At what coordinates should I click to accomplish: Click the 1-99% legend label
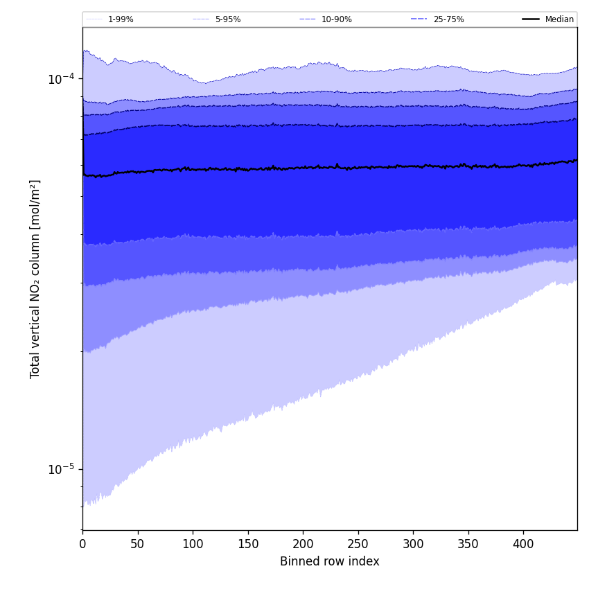pyautogui.click(x=121, y=19)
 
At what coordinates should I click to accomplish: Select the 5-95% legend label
pyautogui.click(x=227, y=19)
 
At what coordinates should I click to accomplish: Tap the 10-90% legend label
pyautogui.click(x=336, y=19)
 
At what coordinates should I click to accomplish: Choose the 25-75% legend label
pyautogui.click(x=448, y=19)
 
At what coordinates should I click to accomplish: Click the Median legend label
pyautogui.click(x=559, y=19)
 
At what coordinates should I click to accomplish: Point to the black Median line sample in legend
pyautogui.click(x=531, y=19)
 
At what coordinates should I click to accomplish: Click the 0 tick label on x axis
pyautogui.click(x=82, y=545)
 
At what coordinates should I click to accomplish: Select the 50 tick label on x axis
pyautogui.click(x=137, y=545)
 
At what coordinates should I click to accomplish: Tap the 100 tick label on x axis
pyautogui.click(x=193, y=545)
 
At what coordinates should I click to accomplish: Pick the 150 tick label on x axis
pyautogui.click(x=247, y=545)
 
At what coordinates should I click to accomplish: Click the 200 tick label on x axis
pyautogui.click(x=303, y=545)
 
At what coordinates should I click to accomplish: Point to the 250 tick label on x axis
pyautogui.click(x=358, y=545)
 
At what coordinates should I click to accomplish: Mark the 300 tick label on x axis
pyautogui.click(x=413, y=545)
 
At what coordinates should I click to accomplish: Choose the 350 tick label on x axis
pyautogui.click(x=468, y=545)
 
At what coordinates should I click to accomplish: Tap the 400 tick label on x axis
pyautogui.click(x=523, y=545)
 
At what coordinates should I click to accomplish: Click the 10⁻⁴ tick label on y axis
pyautogui.click(x=61, y=78)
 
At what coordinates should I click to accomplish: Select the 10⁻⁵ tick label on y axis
pyautogui.click(x=61, y=469)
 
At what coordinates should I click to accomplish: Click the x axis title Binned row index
pyautogui.click(x=329, y=562)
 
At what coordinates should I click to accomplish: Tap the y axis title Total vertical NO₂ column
pyautogui.click(x=35, y=279)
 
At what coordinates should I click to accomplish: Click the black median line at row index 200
pyautogui.click(x=303, y=168)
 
